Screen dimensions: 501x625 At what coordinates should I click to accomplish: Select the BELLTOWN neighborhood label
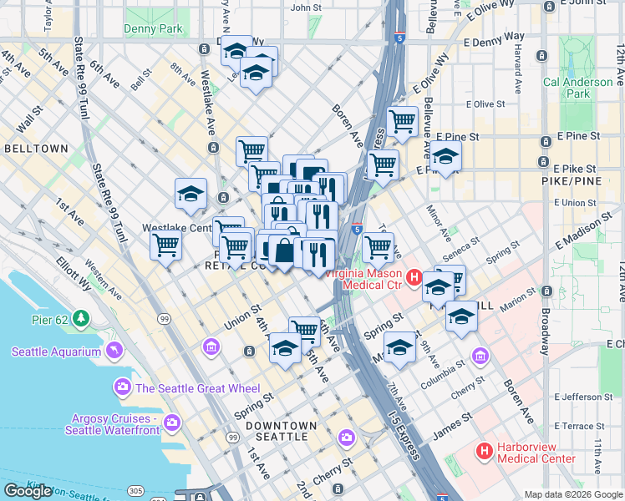(x=36, y=148)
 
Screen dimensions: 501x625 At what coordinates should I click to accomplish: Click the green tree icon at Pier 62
(x=80, y=318)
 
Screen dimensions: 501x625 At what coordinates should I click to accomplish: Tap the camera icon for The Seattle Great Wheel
(x=124, y=387)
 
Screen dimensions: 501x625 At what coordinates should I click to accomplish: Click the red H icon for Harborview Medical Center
(x=483, y=452)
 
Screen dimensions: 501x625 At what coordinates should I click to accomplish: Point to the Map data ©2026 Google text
(x=572, y=494)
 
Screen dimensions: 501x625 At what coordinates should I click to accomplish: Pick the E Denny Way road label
(x=493, y=38)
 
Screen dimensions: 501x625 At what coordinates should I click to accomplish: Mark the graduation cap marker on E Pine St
(x=446, y=155)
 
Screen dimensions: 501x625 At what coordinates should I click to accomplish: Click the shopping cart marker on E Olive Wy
(x=403, y=121)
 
